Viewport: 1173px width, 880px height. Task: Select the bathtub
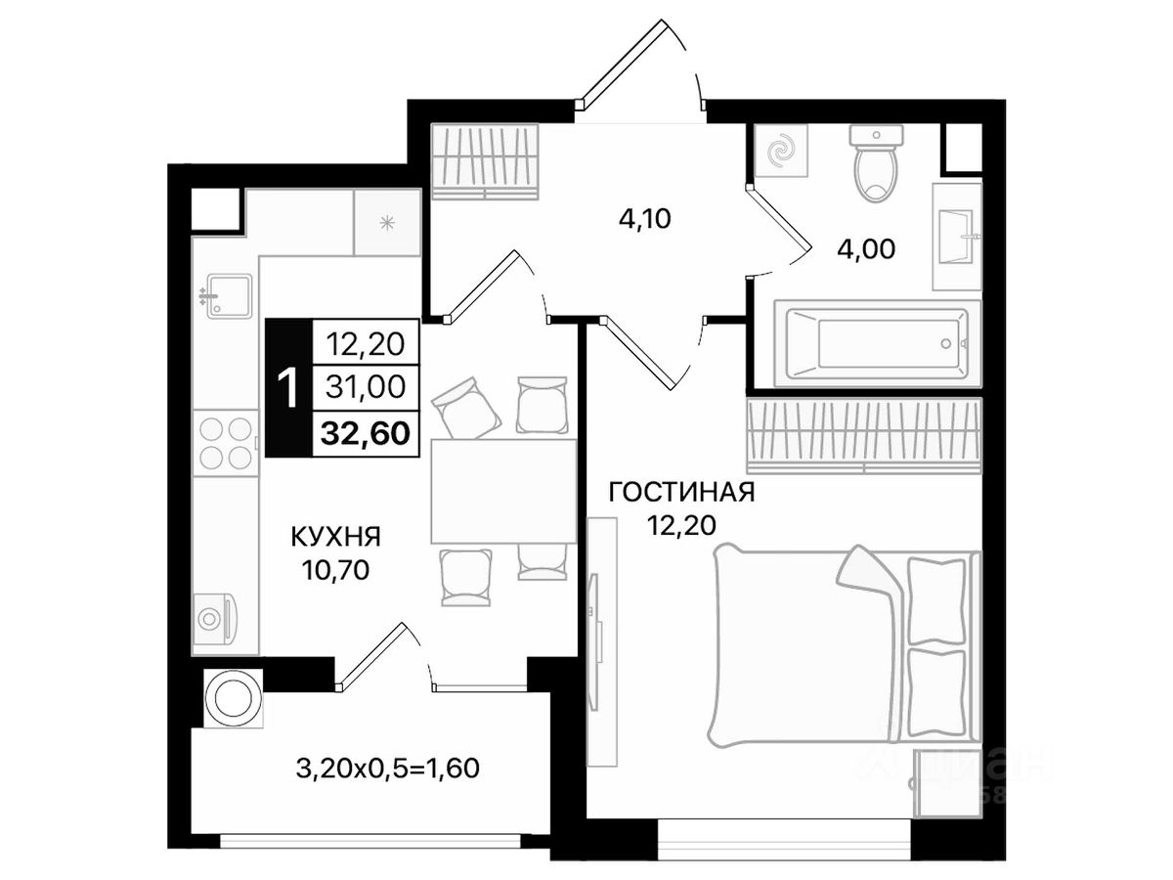tap(878, 342)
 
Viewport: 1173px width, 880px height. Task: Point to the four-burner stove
tap(225, 443)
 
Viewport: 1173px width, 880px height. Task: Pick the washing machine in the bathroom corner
tap(781, 151)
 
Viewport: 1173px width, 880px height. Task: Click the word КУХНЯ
tap(335, 537)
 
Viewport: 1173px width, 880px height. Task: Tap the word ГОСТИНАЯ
tap(682, 492)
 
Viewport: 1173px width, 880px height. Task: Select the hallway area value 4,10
tap(644, 218)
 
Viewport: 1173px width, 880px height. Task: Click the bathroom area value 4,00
tap(866, 249)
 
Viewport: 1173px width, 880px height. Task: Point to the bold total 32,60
tap(366, 433)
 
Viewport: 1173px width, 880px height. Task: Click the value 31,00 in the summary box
tap(366, 386)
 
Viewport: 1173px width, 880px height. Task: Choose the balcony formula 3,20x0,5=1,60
tap(387, 769)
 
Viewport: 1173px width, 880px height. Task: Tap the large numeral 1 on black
tap(288, 388)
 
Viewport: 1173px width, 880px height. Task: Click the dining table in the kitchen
tap(503, 491)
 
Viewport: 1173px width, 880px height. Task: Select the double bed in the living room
tap(847, 643)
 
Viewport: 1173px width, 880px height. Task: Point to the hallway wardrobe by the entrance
tap(485, 161)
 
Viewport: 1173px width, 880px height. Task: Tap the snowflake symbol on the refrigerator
tap(387, 223)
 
